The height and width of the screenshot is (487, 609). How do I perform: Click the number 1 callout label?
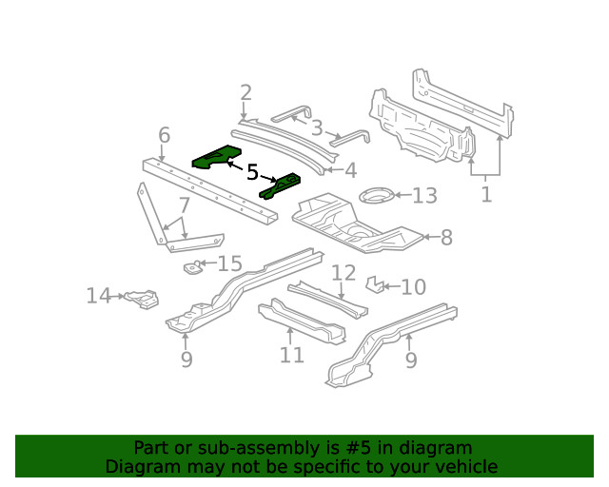[x=486, y=195]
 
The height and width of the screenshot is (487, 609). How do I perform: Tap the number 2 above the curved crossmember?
[x=246, y=93]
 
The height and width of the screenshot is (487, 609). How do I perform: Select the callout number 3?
[x=316, y=127]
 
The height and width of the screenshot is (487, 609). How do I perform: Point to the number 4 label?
[x=350, y=171]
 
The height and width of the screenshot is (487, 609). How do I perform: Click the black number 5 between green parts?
[x=252, y=172]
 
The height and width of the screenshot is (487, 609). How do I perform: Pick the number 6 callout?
[x=164, y=135]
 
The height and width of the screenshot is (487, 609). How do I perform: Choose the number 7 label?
[x=184, y=205]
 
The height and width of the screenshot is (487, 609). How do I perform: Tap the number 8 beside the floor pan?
[x=446, y=238]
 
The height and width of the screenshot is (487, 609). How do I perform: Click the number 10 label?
[x=413, y=287]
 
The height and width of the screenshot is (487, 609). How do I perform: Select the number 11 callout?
[x=291, y=356]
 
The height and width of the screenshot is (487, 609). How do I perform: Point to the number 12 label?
[x=343, y=274]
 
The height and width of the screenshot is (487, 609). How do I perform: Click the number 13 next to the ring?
[x=423, y=196]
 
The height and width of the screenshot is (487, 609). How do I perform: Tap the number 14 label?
[x=99, y=297]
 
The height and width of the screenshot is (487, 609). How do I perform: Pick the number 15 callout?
[x=229, y=263]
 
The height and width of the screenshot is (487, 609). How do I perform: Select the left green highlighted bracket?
[x=215, y=156]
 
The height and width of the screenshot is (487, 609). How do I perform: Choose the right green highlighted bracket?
[x=281, y=185]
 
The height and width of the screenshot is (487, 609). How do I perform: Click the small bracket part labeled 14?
[x=142, y=300]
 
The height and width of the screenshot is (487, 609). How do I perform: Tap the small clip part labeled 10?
[x=377, y=284]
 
